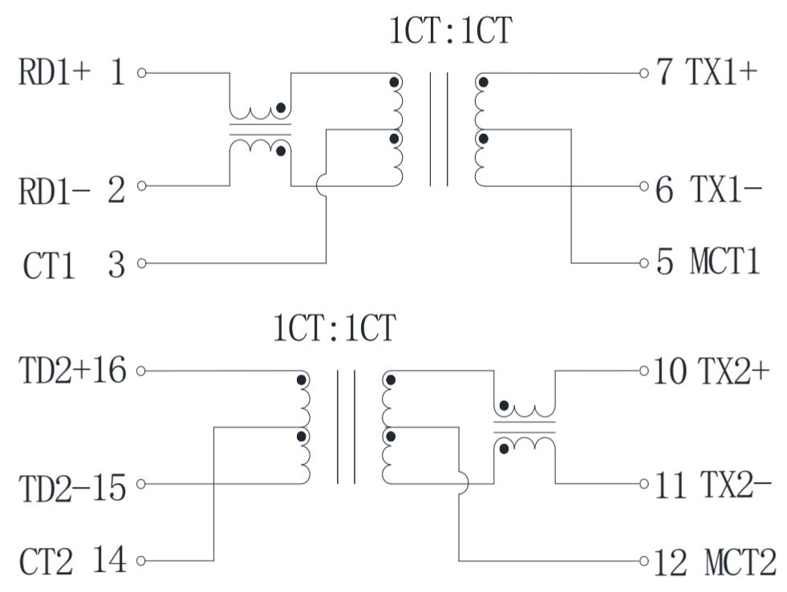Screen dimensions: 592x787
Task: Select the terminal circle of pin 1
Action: click(142, 73)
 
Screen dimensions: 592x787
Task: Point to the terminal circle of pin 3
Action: click(142, 263)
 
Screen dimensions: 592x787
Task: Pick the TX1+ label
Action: click(720, 73)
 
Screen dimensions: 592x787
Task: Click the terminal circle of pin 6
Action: click(643, 187)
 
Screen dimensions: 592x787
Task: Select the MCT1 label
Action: click(724, 263)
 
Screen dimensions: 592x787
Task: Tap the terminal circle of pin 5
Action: click(643, 263)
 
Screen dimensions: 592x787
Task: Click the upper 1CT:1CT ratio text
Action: click(450, 32)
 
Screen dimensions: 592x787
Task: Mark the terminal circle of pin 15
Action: click(142, 485)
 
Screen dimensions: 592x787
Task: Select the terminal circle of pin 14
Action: click(142, 561)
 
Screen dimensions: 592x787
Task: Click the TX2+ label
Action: click(734, 371)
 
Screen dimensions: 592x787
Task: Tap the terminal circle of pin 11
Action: click(643, 485)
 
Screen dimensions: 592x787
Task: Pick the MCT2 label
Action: click(740, 561)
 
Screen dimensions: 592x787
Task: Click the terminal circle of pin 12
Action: click(643, 560)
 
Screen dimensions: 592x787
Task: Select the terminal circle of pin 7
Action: click(643, 73)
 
